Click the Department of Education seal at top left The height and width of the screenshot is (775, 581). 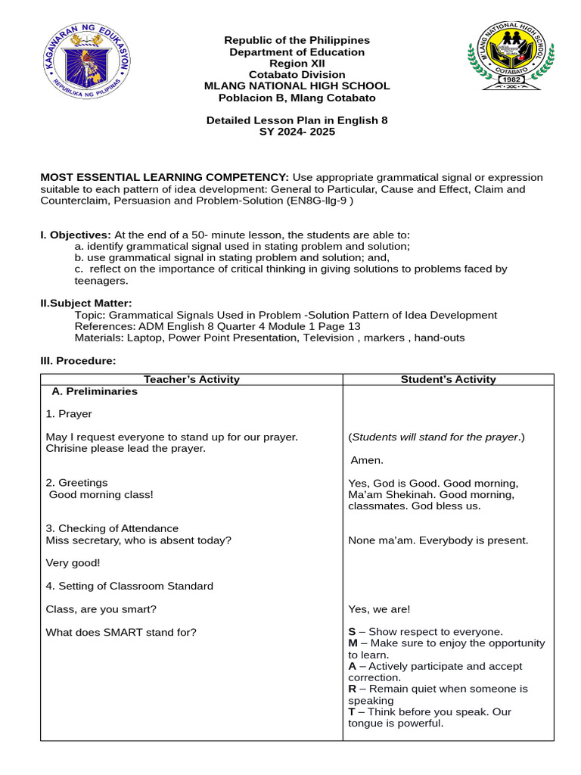pyautogui.click(x=85, y=63)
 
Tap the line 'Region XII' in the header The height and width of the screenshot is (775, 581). pyautogui.click(x=297, y=64)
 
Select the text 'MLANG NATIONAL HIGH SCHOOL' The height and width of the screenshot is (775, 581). pyautogui.click(x=297, y=86)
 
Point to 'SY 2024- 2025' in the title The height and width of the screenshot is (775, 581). pyautogui.click(x=297, y=132)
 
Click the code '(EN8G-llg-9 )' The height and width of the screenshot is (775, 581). pyautogui.click(x=320, y=201)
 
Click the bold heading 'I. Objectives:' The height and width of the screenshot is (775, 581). pyautogui.click(x=76, y=235)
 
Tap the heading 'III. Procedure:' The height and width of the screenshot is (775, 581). pyautogui.click(x=78, y=361)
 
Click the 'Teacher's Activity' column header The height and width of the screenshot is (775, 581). pyautogui.click(x=191, y=379)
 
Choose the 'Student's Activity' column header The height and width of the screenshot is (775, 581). pyautogui.click(x=448, y=379)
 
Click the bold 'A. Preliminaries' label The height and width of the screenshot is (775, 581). pyautogui.click(x=95, y=391)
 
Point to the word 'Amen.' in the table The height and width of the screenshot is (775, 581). pyautogui.click(x=368, y=460)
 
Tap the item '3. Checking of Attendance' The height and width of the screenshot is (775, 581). pyautogui.click(x=112, y=528)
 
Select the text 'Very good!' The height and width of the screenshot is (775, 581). pyautogui.click(x=73, y=563)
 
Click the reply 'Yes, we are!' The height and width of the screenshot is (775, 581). pyautogui.click(x=379, y=609)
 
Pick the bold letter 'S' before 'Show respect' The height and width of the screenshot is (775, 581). pyautogui.click(x=352, y=632)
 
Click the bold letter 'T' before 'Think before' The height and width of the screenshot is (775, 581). pyautogui.click(x=352, y=712)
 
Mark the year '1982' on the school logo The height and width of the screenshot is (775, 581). pyautogui.click(x=510, y=79)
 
